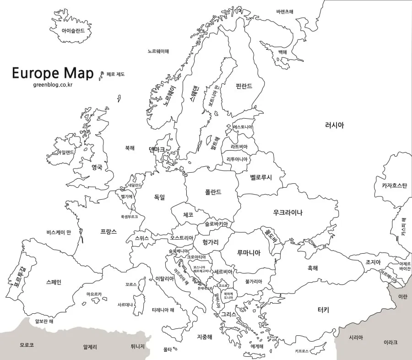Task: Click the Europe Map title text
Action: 52,73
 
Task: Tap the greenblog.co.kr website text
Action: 53,84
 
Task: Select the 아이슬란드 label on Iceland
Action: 70,31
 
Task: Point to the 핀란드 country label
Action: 244,86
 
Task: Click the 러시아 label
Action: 334,125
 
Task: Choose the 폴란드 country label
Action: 213,192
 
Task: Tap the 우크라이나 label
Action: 287,212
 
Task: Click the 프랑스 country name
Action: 108,231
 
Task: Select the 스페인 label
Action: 54,282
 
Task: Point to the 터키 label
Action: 323,310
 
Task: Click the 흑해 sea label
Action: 313,268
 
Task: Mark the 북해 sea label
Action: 130,148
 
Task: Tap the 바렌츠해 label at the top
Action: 285,11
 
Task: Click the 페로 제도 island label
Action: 115,74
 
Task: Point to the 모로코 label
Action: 27,345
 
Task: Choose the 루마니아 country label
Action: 249,252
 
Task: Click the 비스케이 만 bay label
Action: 59,232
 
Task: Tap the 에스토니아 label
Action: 243,126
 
